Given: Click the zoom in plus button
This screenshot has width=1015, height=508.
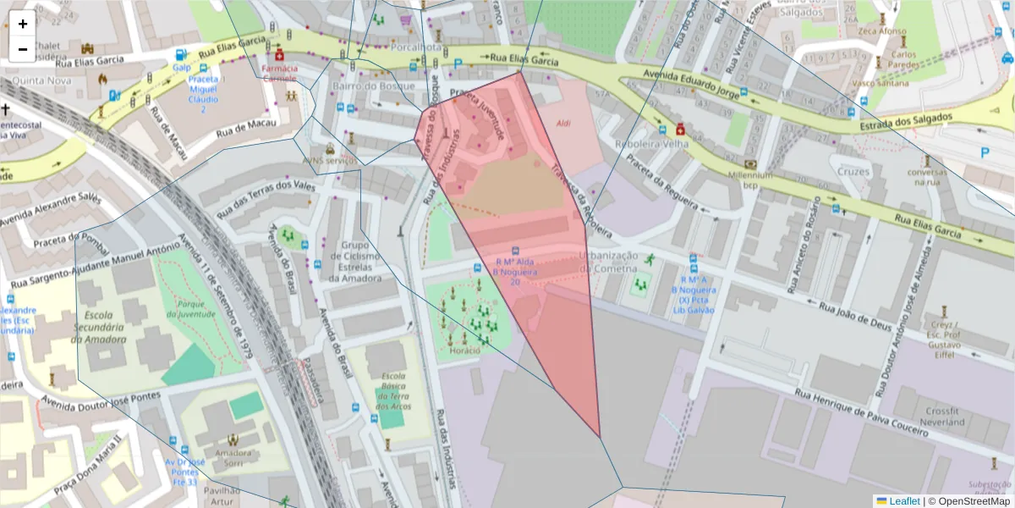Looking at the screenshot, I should click(x=23, y=24).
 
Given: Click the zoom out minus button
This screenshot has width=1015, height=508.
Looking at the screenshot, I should click(x=23, y=49).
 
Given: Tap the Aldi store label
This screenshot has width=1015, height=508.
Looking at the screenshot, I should click(x=563, y=124).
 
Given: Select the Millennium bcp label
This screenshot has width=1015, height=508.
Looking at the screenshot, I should click(x=747, y=179).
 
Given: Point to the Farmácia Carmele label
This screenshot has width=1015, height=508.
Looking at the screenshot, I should click(x=279, y=72).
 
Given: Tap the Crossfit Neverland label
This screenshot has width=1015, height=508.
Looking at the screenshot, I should click(x=943, y=416).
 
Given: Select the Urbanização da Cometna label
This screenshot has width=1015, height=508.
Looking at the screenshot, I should click(x=608, y=262).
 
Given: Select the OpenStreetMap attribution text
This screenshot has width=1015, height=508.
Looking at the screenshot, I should click(x=969, y=501).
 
